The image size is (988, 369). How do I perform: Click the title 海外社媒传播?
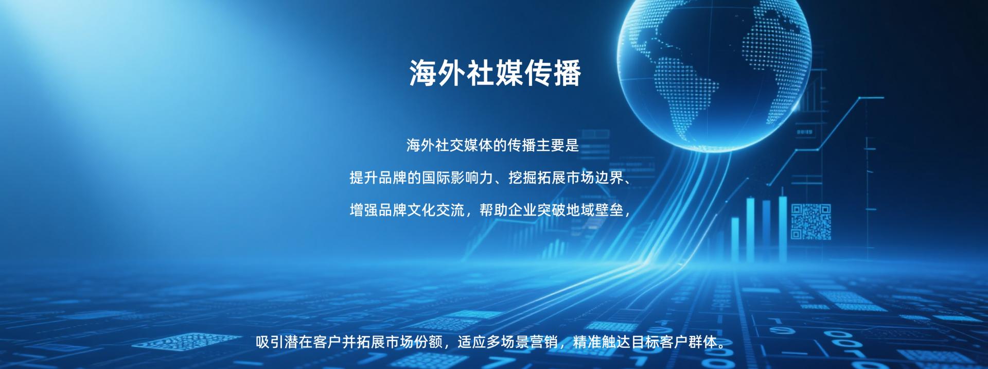(x=495, y=73)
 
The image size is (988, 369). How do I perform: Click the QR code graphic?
(x=811, y=222)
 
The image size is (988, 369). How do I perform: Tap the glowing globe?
(x=714, y=72)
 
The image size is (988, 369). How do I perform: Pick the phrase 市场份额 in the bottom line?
(x=414, y=342)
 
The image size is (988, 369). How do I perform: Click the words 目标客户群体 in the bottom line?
(x=674, y=342)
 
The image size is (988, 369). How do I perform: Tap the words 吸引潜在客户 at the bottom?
(x=299, y=342)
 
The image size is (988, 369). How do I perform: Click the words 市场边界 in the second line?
(x=595, y=178)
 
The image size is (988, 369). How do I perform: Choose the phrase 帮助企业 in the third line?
(x=508, y=210)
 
